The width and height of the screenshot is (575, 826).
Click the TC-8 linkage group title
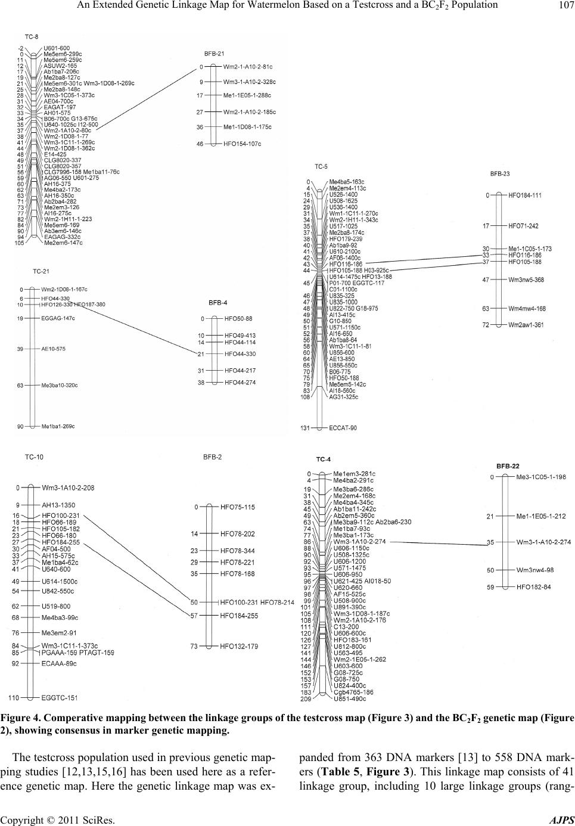tap(31, 37)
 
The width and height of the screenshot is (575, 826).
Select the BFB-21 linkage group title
tap(214, 53)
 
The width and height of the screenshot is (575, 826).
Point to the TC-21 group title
tap(41, 271)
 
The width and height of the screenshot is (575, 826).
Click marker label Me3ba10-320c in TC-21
tap(62, 386)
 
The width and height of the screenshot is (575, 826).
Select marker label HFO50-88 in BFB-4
tap(238, 319)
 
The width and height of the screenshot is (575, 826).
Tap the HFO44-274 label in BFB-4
tap(240, 383)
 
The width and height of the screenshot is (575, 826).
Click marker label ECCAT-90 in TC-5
tap(343, 428)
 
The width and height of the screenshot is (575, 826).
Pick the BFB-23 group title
tap(499, 174)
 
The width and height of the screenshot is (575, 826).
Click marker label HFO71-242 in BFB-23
tap(523, 226)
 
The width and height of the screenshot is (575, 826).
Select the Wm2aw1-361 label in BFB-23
tap(526, 325)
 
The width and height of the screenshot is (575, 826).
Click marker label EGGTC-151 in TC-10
tap(60, 697)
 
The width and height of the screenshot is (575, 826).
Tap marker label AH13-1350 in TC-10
tap(58, 505)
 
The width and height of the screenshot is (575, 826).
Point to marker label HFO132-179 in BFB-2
tap(239, 646)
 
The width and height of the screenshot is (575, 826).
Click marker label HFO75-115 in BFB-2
tap(237, 507)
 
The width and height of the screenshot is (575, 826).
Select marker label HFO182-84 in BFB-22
tap(533, 587)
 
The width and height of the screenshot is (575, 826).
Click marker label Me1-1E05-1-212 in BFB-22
tap(541, 517)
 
